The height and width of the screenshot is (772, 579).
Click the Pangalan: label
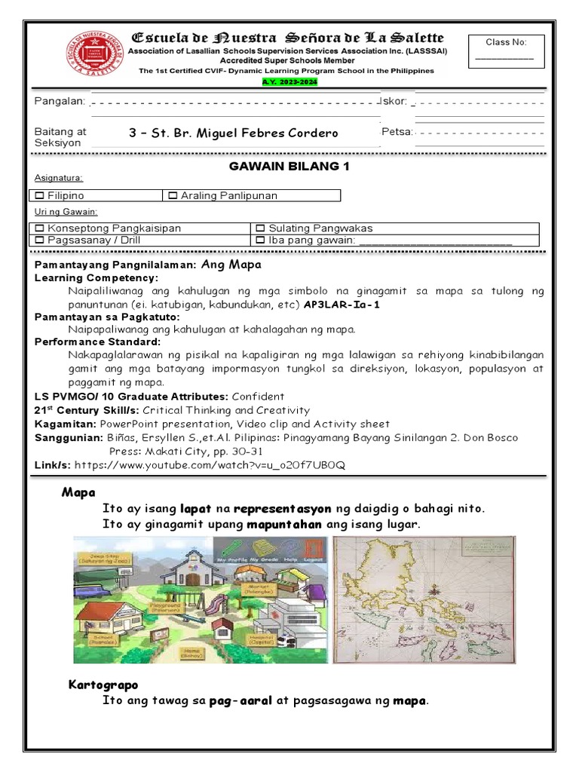(x=60, y=102)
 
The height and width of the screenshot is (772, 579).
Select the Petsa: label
(x=397, y=132)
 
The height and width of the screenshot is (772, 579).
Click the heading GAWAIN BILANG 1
(x=289, y=167)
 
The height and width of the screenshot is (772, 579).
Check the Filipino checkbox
(x=40, y=196)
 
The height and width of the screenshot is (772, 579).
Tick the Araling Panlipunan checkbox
(x=173, y=196)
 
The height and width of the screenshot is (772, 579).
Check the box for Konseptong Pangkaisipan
(x=40, y=228)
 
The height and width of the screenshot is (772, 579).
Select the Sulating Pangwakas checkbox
(x=260, y=228)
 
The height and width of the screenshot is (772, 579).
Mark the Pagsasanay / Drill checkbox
(x=40, y=240)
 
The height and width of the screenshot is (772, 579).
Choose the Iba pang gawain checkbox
(x=260, y=240)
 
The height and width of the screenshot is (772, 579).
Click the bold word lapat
(x=195, y=509)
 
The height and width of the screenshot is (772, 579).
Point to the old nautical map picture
(x=424, y=599)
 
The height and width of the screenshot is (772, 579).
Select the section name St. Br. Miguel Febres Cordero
(x=234, y=133)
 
